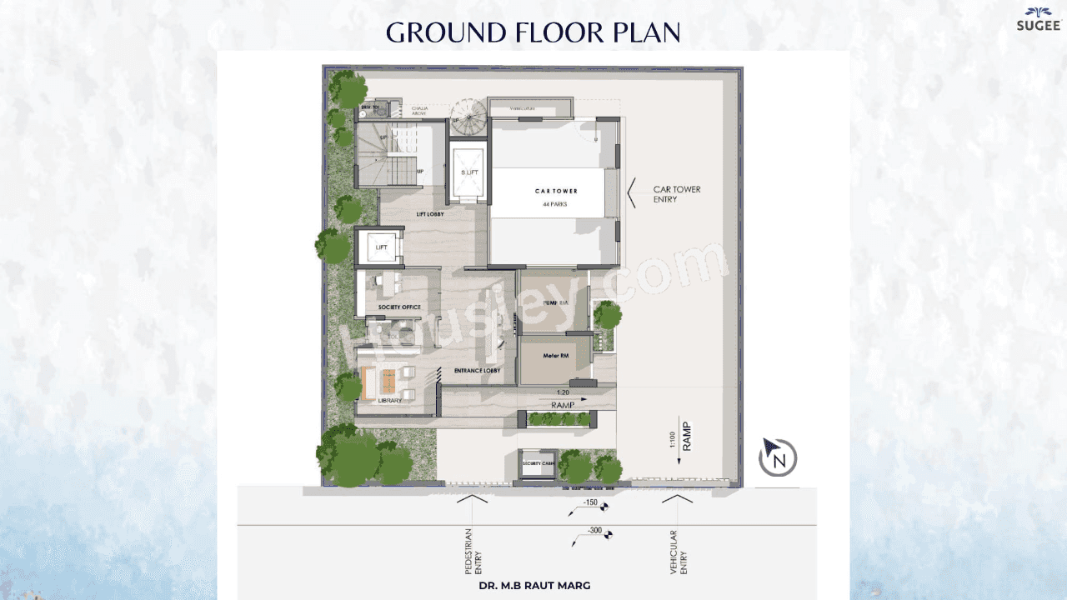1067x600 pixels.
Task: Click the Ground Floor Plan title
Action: click(x=533, y=32)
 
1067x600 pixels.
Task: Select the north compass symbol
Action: click(x=778, y=458)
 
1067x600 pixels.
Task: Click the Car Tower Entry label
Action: click(x=677, y=194)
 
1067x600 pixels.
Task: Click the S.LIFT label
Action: click(x=470, y=172)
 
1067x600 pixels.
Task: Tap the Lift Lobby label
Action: click(x=430, y=214)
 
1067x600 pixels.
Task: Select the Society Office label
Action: click(x=399, y=307)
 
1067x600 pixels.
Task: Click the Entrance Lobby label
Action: click(x=477, y=370)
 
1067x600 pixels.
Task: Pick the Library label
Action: click(x=389, y=401)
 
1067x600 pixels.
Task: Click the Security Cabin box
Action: click(x=538, y=464)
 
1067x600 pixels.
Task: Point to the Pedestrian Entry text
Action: click(x=473, y=552)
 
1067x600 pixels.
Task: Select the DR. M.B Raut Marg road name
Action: click(x=534, y=586)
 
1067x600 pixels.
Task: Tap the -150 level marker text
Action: click(x=590, y=502)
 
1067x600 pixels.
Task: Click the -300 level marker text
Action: click(x=594, y=531)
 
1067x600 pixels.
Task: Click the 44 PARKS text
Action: click(x=556, y=204)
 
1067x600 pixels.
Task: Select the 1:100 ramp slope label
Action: click(x=672, y=439)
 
